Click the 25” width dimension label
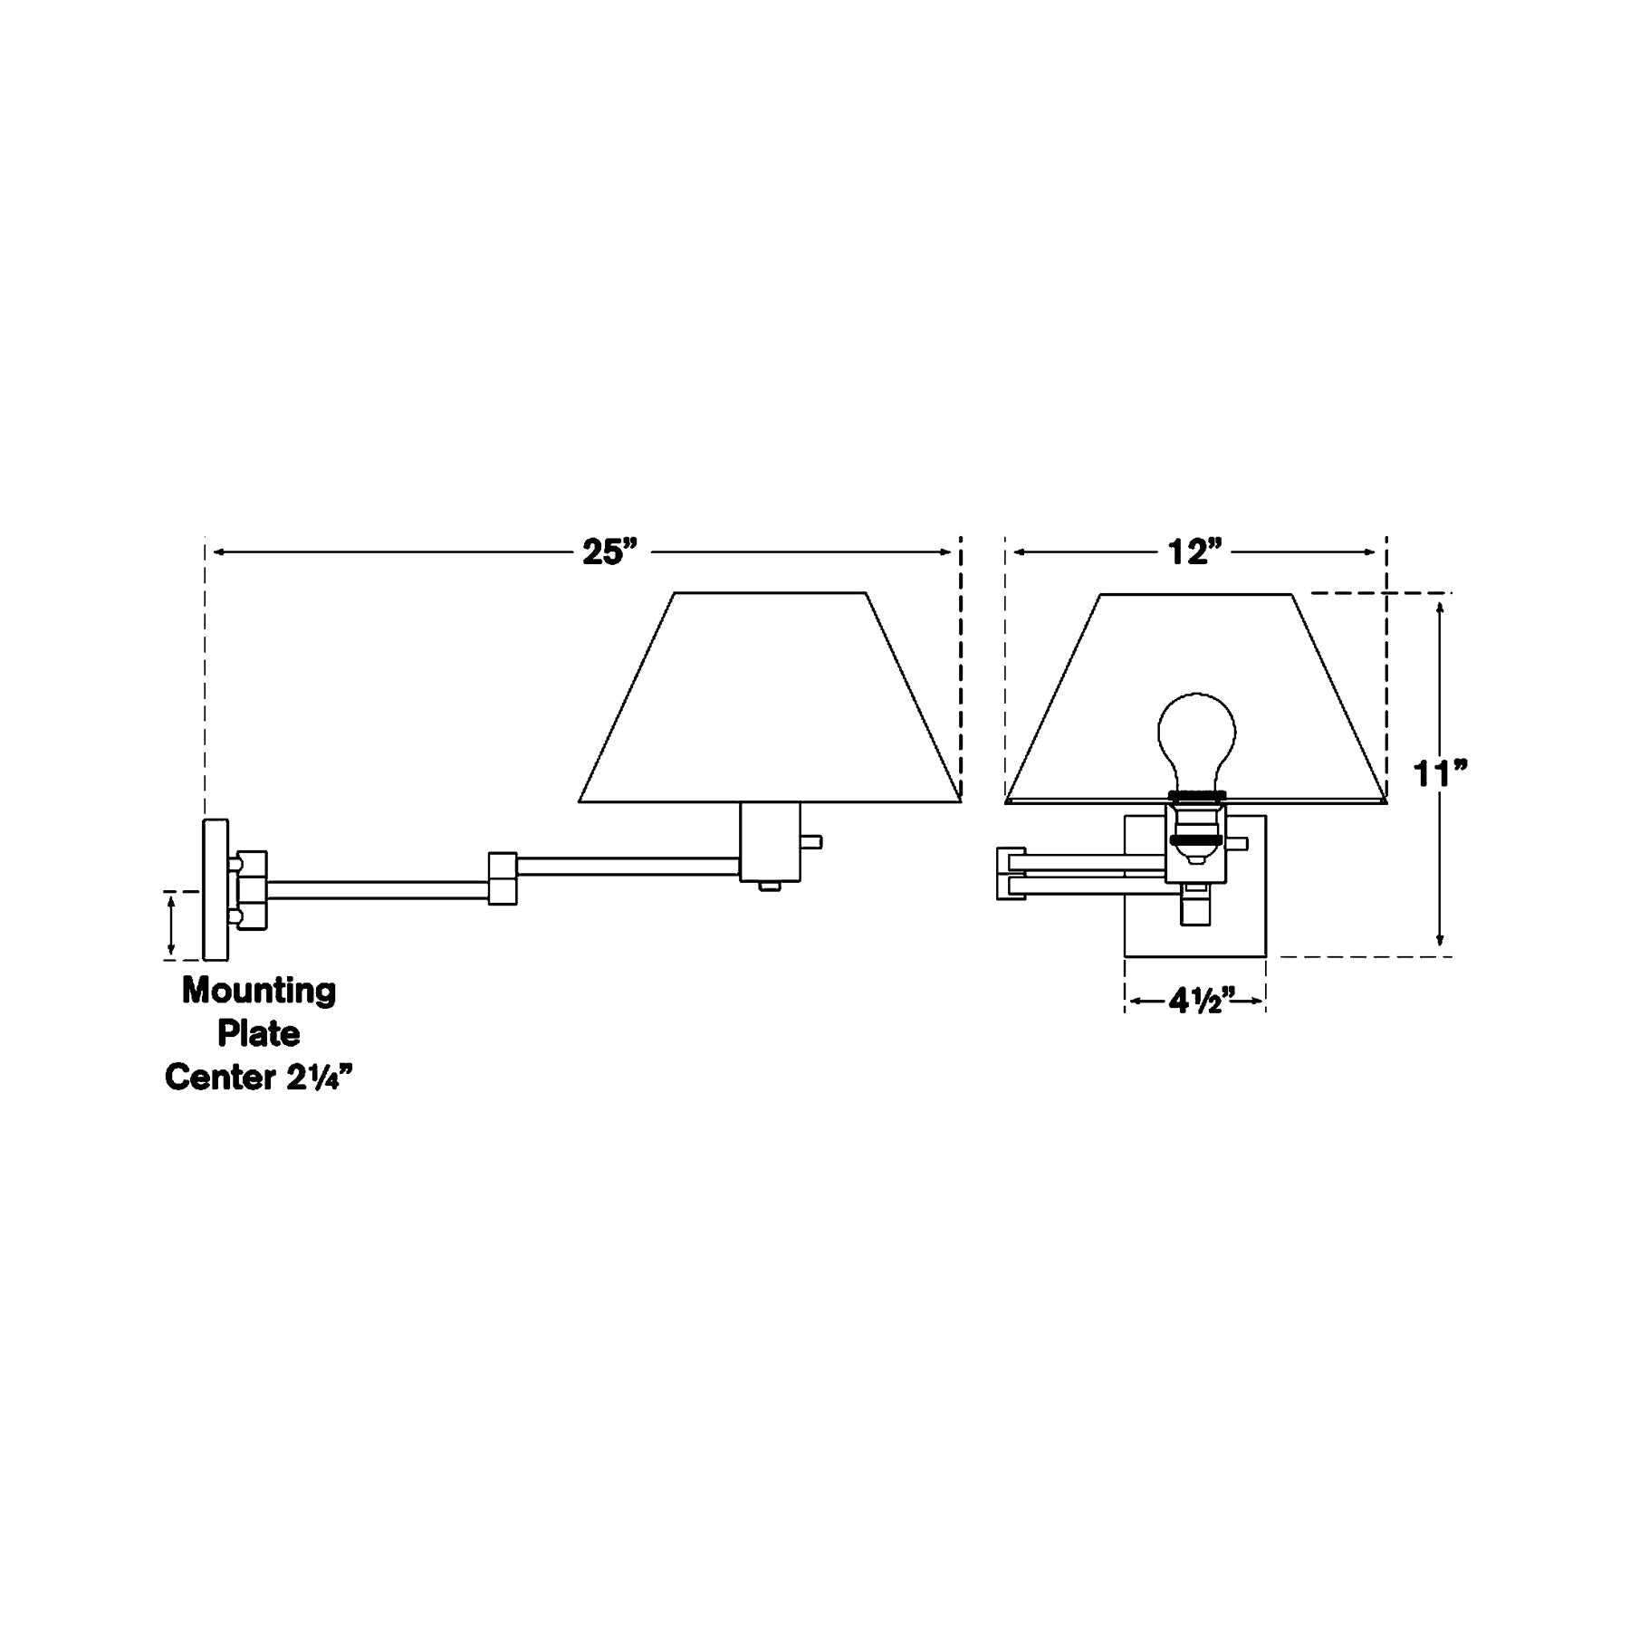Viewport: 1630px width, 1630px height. click(x=609, y=551)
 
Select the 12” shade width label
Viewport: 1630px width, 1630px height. click(x=1195, y=551)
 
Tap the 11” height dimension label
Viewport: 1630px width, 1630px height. click(x=1440, y=774)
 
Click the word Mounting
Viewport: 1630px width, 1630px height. click(x=259, y=991)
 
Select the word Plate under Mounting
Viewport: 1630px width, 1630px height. click(x=259, y=1033)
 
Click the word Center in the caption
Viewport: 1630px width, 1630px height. click(x=220, y=1077)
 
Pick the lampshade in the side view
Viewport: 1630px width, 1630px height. click(x=770, y=697)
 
